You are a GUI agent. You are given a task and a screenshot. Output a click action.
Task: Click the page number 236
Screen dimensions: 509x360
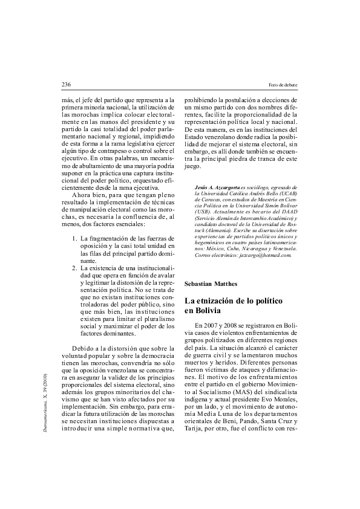[x=67, y=84]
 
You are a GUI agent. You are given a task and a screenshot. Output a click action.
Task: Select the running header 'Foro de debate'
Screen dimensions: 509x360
[x=283, y=84]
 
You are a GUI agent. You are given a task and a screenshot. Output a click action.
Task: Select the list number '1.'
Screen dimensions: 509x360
[x=75, y=239]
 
